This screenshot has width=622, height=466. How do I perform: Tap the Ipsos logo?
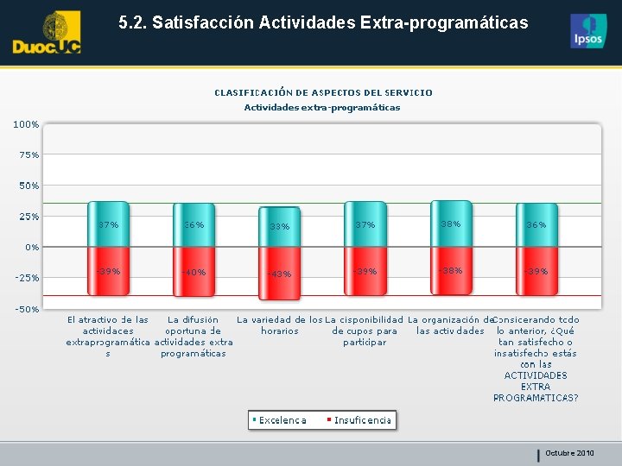pyautogui.click(x=587, y=31)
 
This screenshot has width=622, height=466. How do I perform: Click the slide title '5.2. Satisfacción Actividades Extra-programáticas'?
pyautogui.click(x=323, y=22)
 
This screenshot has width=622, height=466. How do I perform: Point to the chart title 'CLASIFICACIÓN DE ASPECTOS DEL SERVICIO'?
pyautogui.click(x=323, y=92)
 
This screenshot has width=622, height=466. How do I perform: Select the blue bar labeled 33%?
pyautogui.click(x=280, y=227)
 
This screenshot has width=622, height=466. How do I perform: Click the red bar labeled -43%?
pyautogui.click(x=280, y=273)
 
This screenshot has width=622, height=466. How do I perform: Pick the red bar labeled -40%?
pyautogui.click(x=194, y=271)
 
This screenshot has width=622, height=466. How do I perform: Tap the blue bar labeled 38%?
pyautogui.click(x=451, y=224)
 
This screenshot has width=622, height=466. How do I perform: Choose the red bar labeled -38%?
pyautogui.click(x=451, y=269)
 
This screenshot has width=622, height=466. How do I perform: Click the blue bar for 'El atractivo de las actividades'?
pyautogui.click(x=109, y=224)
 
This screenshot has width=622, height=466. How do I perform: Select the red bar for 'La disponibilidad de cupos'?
pyautogui.click(x=365, y=270)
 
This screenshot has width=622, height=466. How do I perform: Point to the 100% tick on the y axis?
pyautogui.click(x=26, y=124)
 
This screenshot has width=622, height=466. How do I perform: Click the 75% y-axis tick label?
pyautogui.click(x=28, y=155)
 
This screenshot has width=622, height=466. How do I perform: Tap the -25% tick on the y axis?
pyautogui.click(x=26, y=278)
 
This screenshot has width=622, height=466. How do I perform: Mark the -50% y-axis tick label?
pyautogui.click(x=26, y=309)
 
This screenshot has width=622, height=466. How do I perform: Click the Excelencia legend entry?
pyautogui.click(x=280, y=420)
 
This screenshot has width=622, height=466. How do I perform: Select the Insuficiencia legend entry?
pyautogui.click(x=359, y=420)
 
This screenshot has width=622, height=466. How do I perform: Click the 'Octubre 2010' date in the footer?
pyautogui.click(x=569, y=453)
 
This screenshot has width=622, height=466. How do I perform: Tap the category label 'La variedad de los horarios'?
pyautogui.click(x=280, y=325)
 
